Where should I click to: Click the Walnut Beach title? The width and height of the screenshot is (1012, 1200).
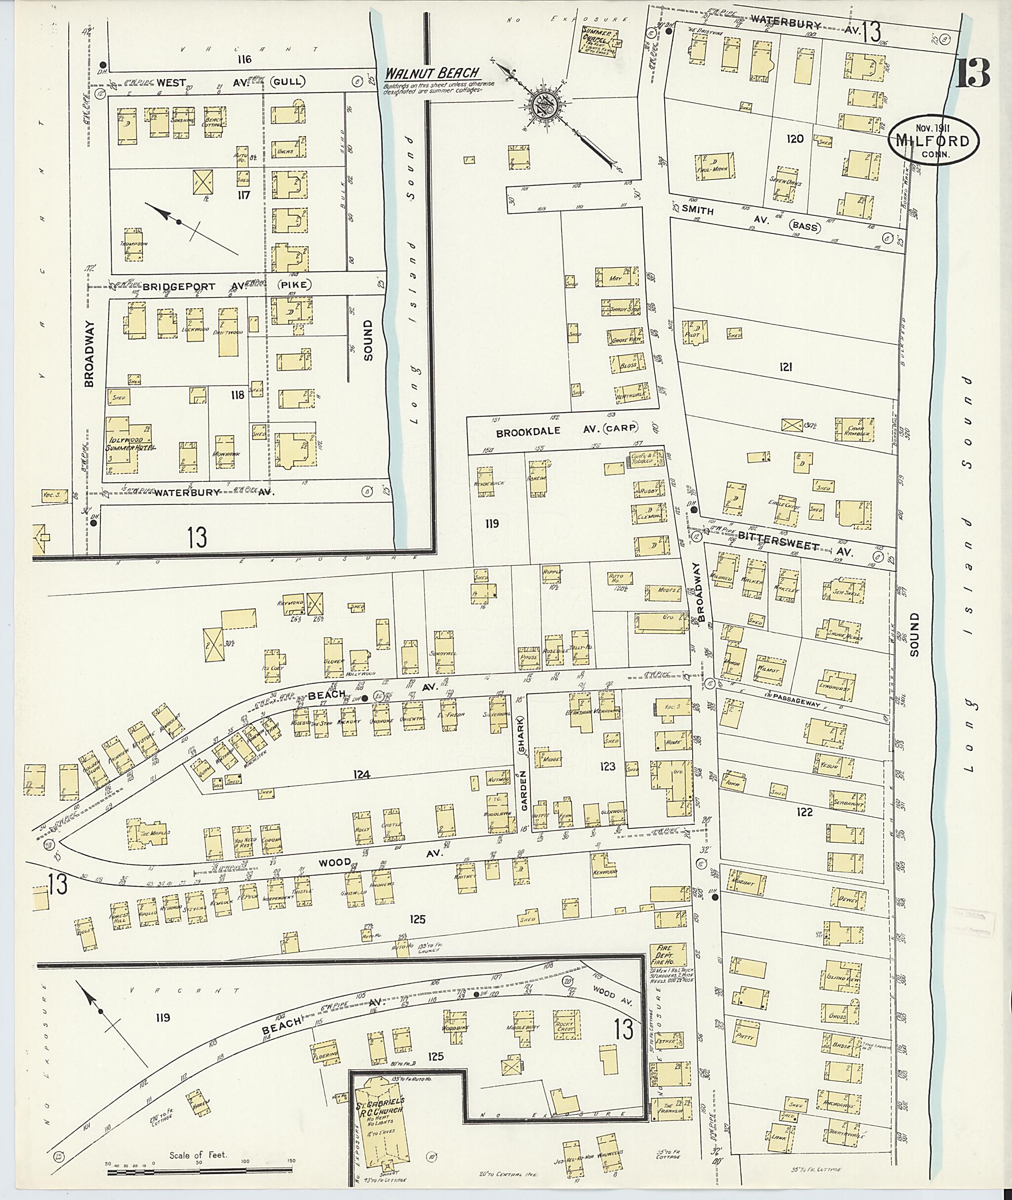pyautogui.click(x=431, y=73)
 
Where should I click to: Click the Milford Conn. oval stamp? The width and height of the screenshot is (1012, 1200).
pyautogui.click(x=933, y=140)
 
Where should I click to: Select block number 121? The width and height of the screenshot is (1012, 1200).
pyautogui.click(x=785, y=367)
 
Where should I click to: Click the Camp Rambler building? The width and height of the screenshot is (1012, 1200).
pyautogui.click(x=858, y=430)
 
